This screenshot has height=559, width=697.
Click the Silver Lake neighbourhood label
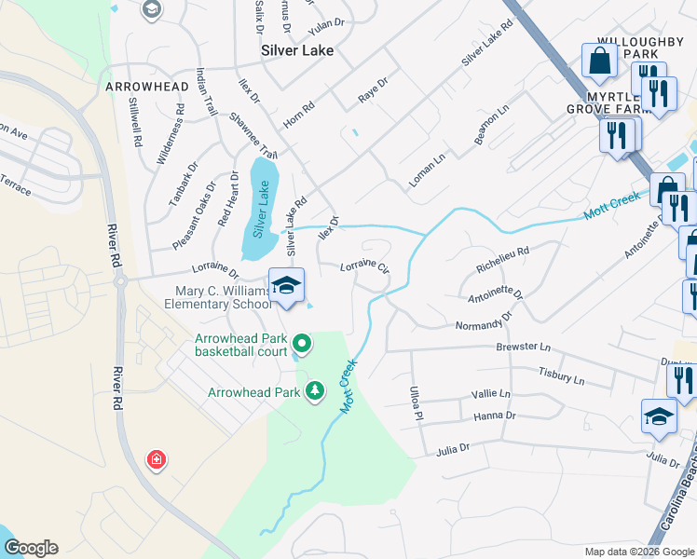(x=297, y=51)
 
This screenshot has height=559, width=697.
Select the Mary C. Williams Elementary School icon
(x=287, y=285)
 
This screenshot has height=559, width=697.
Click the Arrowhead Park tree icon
(x=317, y=391)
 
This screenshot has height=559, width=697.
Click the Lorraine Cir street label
(x=363, y=266)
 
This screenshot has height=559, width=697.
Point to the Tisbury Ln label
(x=561, y=375)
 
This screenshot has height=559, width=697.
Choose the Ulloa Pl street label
(x=417, y=402)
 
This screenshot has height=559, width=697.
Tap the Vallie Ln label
(x=492, y=394)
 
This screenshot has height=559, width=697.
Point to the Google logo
(x=31, y=548)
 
